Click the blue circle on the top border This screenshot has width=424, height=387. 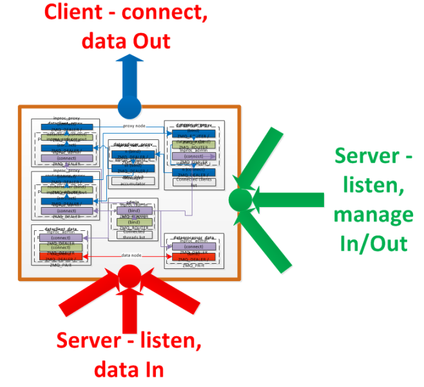point(129,105)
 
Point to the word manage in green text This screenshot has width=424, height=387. point(374,215)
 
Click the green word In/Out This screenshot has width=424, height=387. point(374,243)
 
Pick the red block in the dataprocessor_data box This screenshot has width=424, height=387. point(193,256)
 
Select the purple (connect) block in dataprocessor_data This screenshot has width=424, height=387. point(193,246)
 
